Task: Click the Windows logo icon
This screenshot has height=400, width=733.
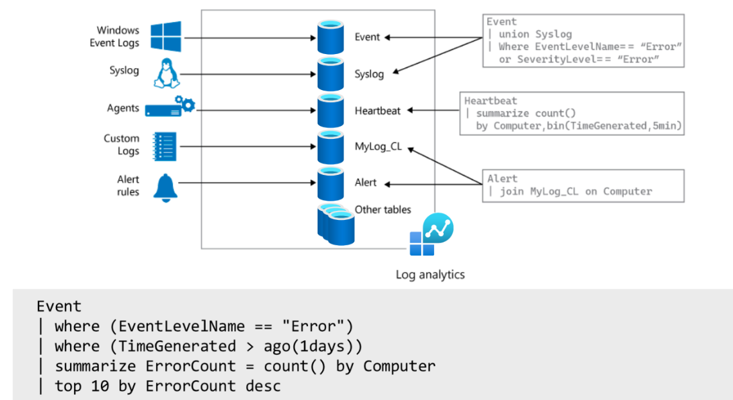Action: point(165,36)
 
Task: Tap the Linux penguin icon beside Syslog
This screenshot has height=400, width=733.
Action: point(165,73)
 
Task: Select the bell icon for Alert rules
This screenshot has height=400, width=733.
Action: point(165,186)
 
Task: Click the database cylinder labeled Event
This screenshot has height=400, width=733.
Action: point(331,37)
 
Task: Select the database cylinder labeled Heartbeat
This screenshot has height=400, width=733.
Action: point(331,111)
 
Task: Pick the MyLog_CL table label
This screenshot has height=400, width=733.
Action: point(378,147)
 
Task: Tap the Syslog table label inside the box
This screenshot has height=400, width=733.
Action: point(369,74)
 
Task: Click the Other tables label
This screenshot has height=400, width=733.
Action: point(383,210)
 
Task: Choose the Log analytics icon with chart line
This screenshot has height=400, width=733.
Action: point(431,235)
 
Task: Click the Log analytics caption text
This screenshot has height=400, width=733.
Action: point(430,275)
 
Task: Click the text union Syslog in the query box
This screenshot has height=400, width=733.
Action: point(536,34)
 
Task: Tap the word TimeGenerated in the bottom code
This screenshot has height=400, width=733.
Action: point(173,347)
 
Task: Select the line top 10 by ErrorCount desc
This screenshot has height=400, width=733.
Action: point(167,386)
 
